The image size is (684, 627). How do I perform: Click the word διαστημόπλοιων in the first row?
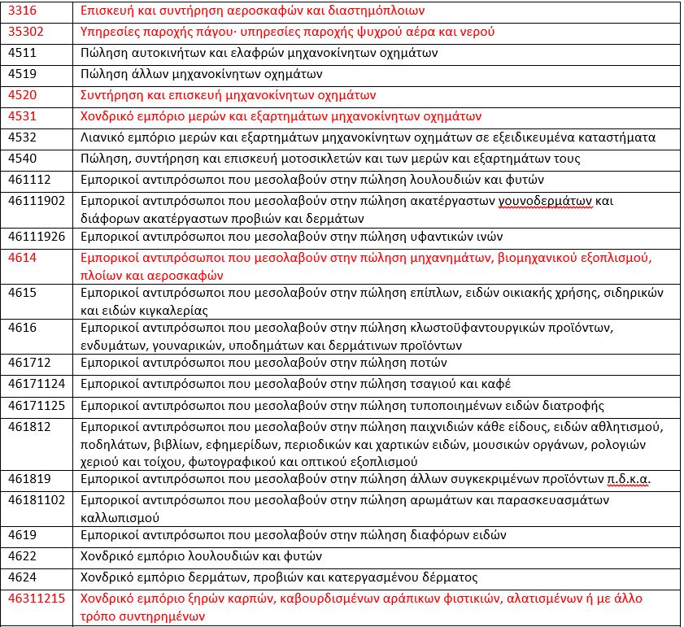381,11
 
